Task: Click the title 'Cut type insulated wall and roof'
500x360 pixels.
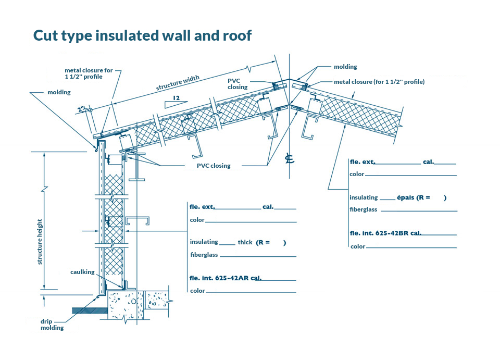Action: coord(142,35)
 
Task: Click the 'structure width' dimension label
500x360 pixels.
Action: coord(178,83)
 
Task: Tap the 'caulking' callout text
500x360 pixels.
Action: coord(82,272)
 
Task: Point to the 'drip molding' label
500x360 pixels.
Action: coord(52,325)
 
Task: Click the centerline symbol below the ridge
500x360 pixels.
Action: coord(290,159)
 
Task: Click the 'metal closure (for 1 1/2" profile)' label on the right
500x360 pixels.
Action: coord(379,82)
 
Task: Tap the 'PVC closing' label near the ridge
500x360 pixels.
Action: coord(238,84)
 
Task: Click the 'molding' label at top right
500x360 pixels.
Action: coord(345,67)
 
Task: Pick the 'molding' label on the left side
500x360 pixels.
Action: coord(59,92)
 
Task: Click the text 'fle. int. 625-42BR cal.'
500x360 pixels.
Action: coord(385,233)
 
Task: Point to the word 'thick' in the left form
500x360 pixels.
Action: coord(245,243)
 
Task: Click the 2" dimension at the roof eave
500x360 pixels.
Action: coord(82,109)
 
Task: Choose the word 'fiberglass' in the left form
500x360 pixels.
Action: coord(204,255)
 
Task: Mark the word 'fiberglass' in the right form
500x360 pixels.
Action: coord(364,209)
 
